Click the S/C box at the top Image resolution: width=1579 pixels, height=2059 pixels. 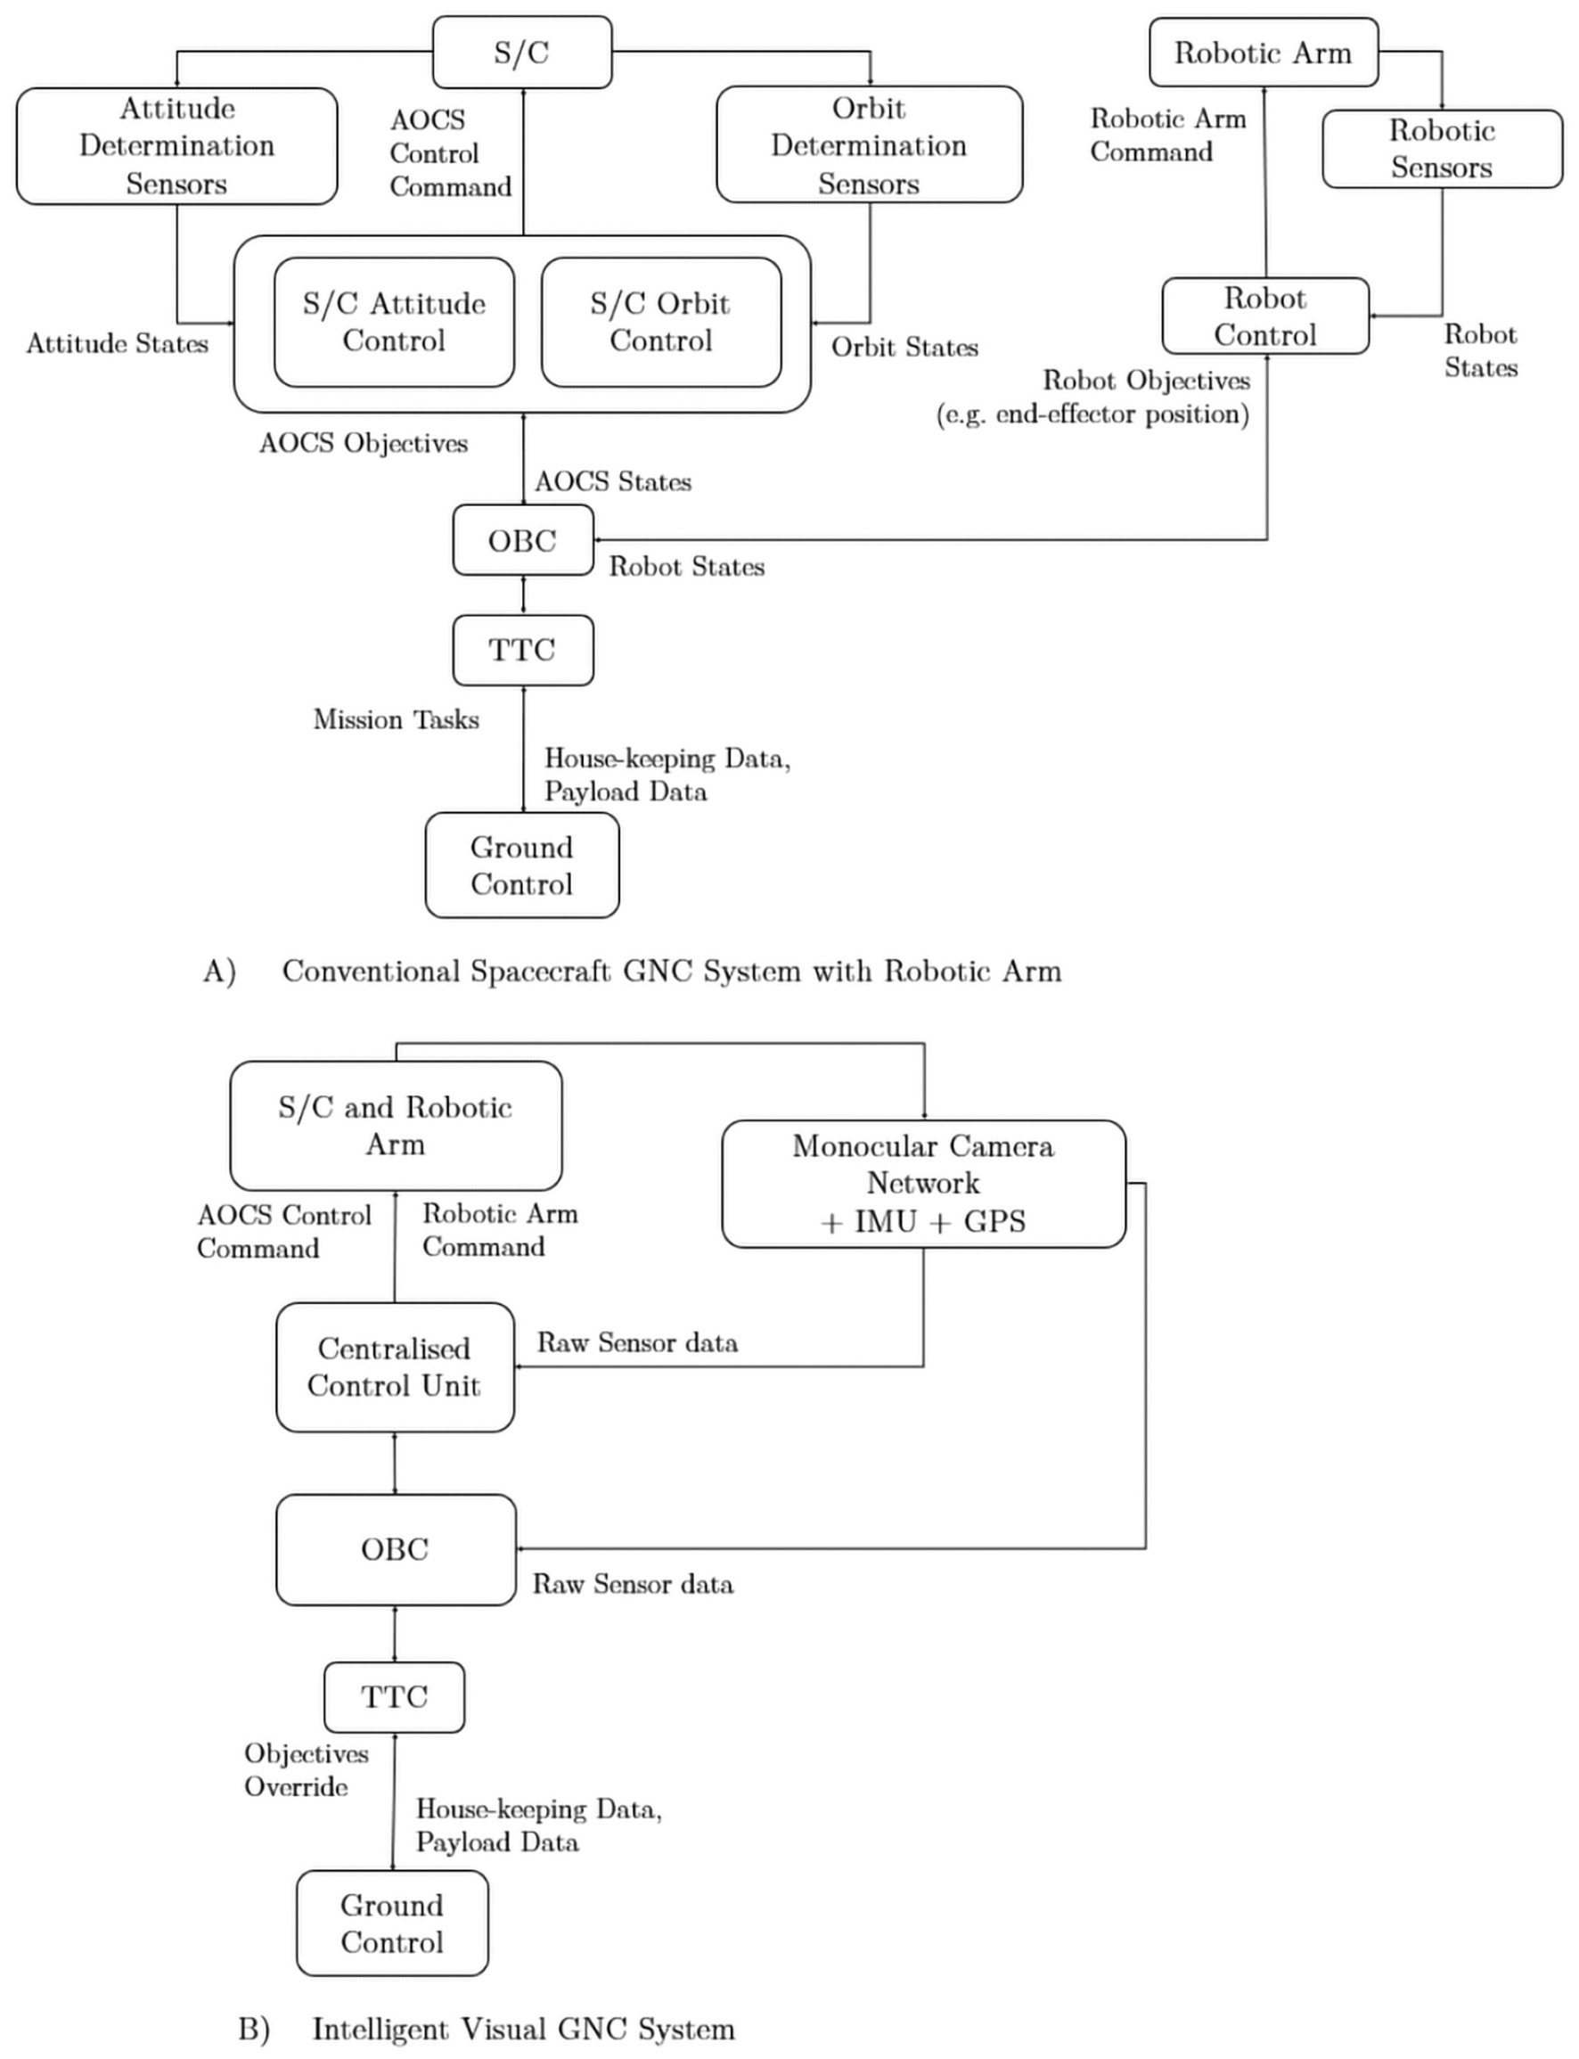tap(521, 53)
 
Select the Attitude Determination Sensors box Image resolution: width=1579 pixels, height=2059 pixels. tap(176, 145)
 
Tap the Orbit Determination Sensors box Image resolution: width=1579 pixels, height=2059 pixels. tap(869, 144)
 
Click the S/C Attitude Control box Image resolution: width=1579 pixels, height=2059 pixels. tap(394, 322)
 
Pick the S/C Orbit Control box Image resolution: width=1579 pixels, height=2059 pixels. tap(660, 322)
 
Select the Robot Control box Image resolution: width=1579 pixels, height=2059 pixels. tap(1265, 316)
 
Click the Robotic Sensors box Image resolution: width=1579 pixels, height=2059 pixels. tap(1442, 149)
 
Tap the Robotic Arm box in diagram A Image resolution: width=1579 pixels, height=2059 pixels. tap(1264, 53)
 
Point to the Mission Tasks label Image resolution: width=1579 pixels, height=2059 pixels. tap(396, 719)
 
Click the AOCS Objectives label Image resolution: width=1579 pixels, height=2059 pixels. tap(364, 443)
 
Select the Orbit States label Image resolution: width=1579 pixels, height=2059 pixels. tap(904, 347)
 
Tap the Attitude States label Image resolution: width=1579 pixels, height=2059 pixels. tap(118, 343)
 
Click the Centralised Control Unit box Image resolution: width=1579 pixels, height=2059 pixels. tap(395, 1367)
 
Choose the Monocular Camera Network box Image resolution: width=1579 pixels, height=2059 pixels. tap(923, 1183)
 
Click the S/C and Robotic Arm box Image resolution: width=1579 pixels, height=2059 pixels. tap(396, 1126)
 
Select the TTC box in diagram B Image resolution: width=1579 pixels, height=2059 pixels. tap(395, 1696)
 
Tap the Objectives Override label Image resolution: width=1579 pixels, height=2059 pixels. tap(306, 1769)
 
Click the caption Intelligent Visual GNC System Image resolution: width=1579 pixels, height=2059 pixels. tap(522, 2029)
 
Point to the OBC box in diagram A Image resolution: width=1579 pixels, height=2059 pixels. tap(522, 541)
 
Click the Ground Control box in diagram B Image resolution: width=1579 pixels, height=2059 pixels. tap(392, 1923)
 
